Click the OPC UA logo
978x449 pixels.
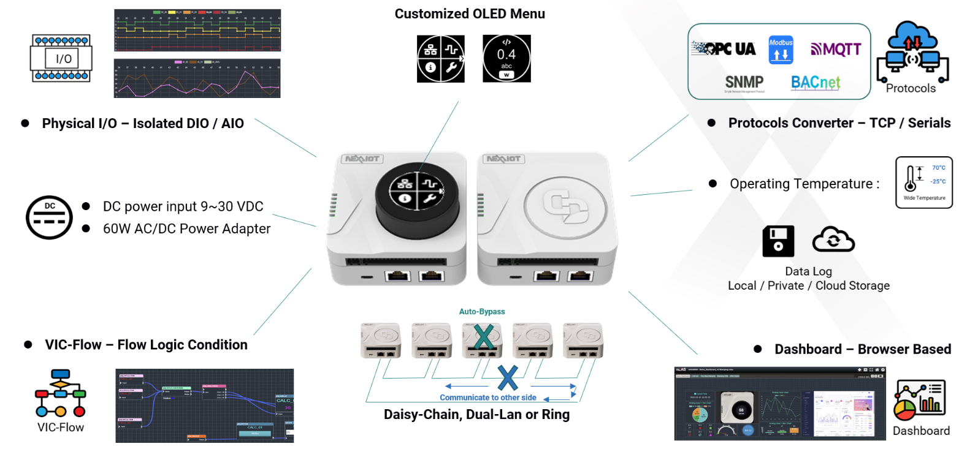tap(724, 48)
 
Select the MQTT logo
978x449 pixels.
tap(836, 49)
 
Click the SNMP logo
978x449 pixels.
tap(744, 83)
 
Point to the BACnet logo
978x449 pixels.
tap(816, 83)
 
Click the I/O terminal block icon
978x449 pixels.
tap(61, 58)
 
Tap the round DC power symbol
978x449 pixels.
tap(49, 217)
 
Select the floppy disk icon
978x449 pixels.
tap(778, 241)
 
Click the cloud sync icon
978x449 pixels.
tap(833, 240)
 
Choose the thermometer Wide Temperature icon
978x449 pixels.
tap(923, 183)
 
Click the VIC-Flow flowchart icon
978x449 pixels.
tap(60, 393)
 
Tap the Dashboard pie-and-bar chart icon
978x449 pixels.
tap(919, 400)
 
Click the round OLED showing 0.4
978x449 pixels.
tap(506, 58)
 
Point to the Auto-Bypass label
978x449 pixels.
tap(482, 312)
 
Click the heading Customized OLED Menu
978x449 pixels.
tap(470, 14)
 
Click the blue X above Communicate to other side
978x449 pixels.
tap(508, 378)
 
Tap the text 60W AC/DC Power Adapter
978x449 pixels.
tap(186, 229)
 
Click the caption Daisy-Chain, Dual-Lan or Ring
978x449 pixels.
tap(476, 415)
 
